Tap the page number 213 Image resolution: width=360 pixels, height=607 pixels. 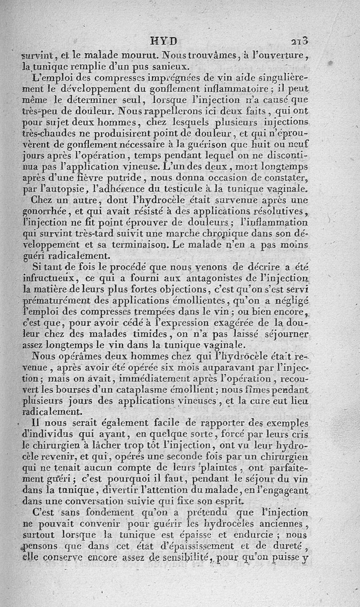coord(299,41)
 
